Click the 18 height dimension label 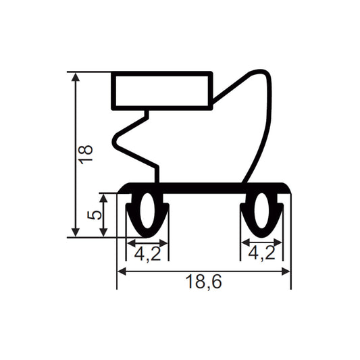click(86, 154)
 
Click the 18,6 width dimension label click(204, 282)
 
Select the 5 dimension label click(94, 215)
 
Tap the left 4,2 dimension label click(147, 254)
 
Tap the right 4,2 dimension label click(262, 253)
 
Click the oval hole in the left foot click(147, 211)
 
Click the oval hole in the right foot click(261, 211)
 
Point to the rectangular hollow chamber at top click(162, 91)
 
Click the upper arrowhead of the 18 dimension click(76, 77)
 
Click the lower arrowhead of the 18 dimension click(76, 232)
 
